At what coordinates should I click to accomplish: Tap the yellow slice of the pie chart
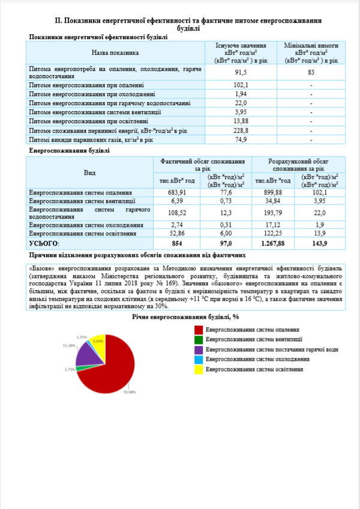coord(98,342)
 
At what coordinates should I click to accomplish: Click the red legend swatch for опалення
coord(199,330)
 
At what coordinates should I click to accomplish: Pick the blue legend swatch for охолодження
coord(199,359)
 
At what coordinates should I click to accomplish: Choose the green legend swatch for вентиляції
coord(199,340)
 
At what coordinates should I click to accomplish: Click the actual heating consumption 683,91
coord(176,192)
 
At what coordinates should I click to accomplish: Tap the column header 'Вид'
coord(89,172)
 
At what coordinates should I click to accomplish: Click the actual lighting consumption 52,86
coord(176,232)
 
